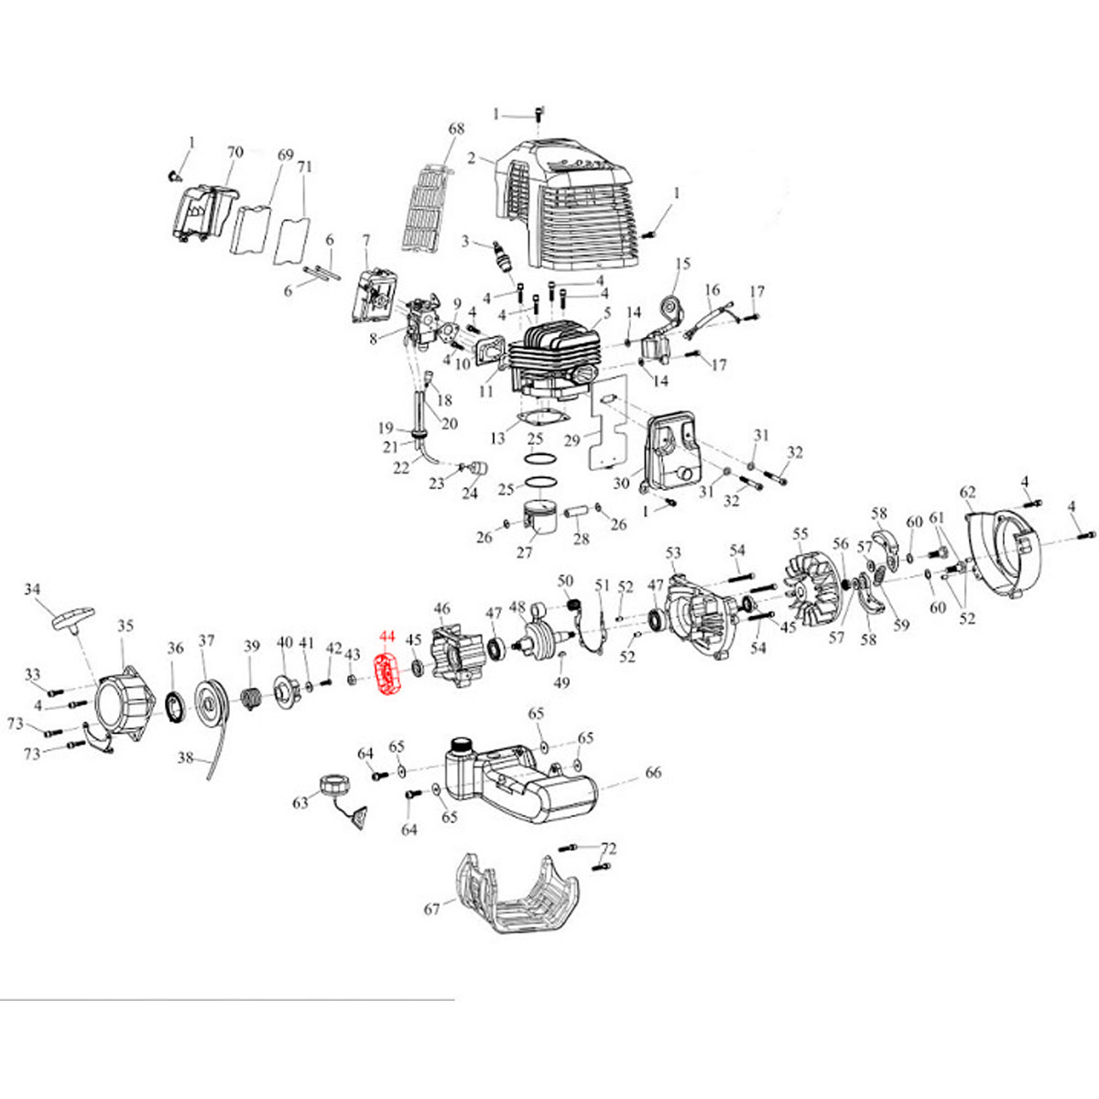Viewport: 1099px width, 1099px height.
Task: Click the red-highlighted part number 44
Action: [387, 636]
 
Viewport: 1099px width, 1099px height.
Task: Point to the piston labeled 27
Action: [539, 520]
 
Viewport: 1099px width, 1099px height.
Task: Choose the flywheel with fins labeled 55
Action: [817, 593]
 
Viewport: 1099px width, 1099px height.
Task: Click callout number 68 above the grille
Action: [456, 129]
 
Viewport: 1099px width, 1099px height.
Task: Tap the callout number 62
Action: [968, 492]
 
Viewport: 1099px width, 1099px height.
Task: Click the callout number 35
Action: [125, 626]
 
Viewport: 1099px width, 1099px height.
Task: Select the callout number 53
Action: [673, 552]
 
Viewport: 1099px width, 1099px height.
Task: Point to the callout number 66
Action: [653, 773]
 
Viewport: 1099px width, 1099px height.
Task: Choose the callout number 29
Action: [572, 441]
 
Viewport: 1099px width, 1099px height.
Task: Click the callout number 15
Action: [682, 264]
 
